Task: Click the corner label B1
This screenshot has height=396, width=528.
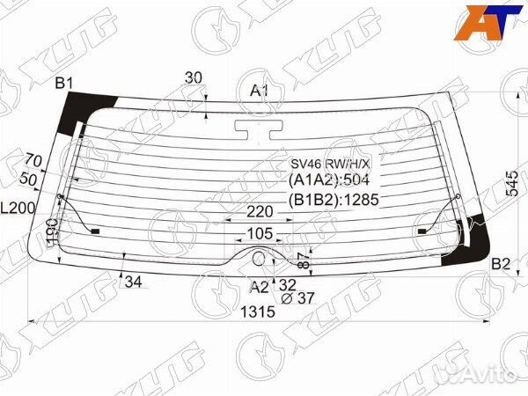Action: tap(64, 84)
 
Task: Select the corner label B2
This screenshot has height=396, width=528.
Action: tap(500, 263)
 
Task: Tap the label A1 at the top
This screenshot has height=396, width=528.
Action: tap(260, 91)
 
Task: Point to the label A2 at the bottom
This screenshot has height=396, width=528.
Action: tap(259, 287)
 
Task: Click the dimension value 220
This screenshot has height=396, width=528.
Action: tap(260, 212)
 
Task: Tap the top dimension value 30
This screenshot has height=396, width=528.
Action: tap(194, 77)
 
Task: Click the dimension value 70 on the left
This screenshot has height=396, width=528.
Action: tap(33, 160)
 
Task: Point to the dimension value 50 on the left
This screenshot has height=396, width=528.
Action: tap(28, 180)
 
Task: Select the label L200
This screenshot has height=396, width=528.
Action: tap(17, 209)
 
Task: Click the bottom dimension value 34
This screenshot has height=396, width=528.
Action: tap(133, 282)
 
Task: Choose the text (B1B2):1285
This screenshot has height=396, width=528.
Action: tap(333, 200)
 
